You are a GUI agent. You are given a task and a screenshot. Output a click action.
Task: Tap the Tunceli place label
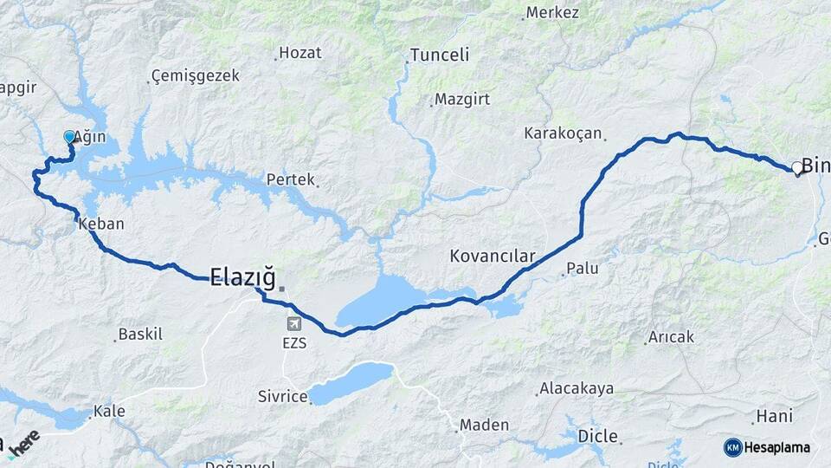click(x=439, y=55)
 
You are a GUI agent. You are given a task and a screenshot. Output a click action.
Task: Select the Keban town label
click(x=101, y=224)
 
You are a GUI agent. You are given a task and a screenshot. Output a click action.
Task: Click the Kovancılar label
click(x=493, y=257)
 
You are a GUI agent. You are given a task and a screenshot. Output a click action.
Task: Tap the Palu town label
click(x=583, y=269)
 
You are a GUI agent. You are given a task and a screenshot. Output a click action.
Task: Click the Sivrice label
click(x=282, y=397)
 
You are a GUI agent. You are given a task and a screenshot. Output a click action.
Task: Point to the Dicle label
click(x=597, y=435)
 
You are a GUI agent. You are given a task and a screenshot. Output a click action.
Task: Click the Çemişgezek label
click(x=195, y=76)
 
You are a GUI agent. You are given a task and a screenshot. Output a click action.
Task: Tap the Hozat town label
click(x=300, y=53)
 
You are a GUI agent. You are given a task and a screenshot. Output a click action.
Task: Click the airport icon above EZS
click(x=294, y=323)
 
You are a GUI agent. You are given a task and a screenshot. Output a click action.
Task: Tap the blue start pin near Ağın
click(x=70, y=137)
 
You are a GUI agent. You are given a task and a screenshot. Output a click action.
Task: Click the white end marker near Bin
click(x=796, y=167)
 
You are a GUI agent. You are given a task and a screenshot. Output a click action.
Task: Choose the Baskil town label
click(x=140, y=334)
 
